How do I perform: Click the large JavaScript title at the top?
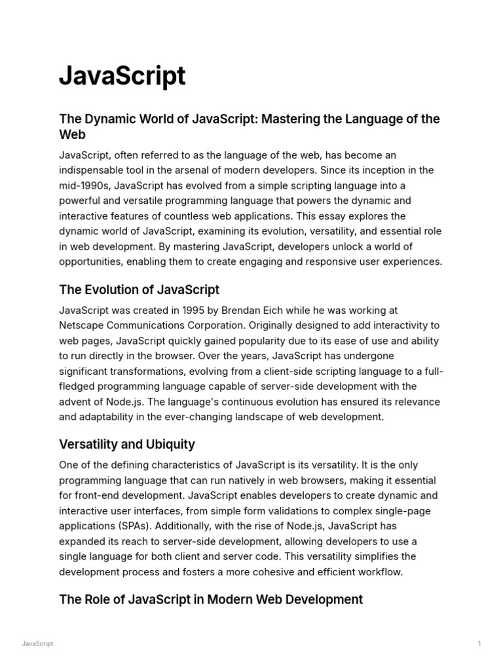coord(122,77)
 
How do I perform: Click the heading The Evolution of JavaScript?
coord(139,290)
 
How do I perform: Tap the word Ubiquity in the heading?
coord(171,444)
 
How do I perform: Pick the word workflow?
coord(380,571)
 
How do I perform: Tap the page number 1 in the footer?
coord(479,644)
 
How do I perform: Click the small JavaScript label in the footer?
coord(37,644)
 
